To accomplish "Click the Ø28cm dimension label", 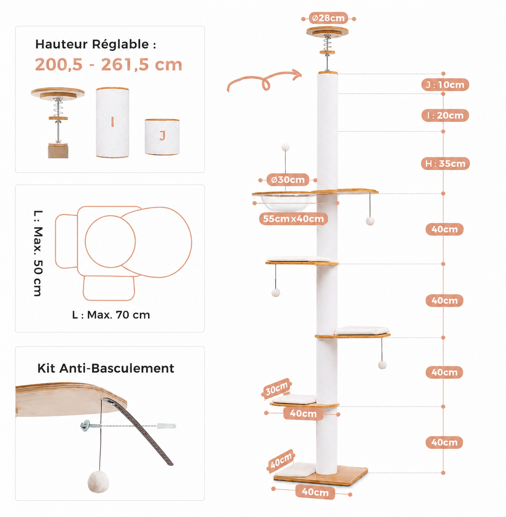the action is click(328, 18).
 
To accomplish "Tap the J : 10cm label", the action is click(445, 85).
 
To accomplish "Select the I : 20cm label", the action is click(445, 115).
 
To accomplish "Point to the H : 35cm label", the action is click(445, 163).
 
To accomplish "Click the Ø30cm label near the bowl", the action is click(287, 180).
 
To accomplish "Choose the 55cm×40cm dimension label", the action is click(293, 219).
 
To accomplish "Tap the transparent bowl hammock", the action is click(286, 202).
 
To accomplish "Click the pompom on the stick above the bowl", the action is click(285, 147).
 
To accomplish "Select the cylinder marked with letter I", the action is click(113, 122).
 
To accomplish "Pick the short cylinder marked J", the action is click(162, 137).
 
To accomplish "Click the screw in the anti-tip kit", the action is click(91, 426).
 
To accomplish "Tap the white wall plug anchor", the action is click(166, 426).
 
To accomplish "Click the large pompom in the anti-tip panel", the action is click(98, 482).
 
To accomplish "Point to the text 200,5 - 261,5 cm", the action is click(108, 65).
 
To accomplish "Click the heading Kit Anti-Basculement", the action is click(106, 368).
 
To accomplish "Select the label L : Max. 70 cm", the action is click(111, 315).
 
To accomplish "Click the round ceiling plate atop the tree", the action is click(327, 32).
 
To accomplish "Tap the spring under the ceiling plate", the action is click(327, 43).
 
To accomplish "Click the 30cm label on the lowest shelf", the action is click(276, 388).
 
